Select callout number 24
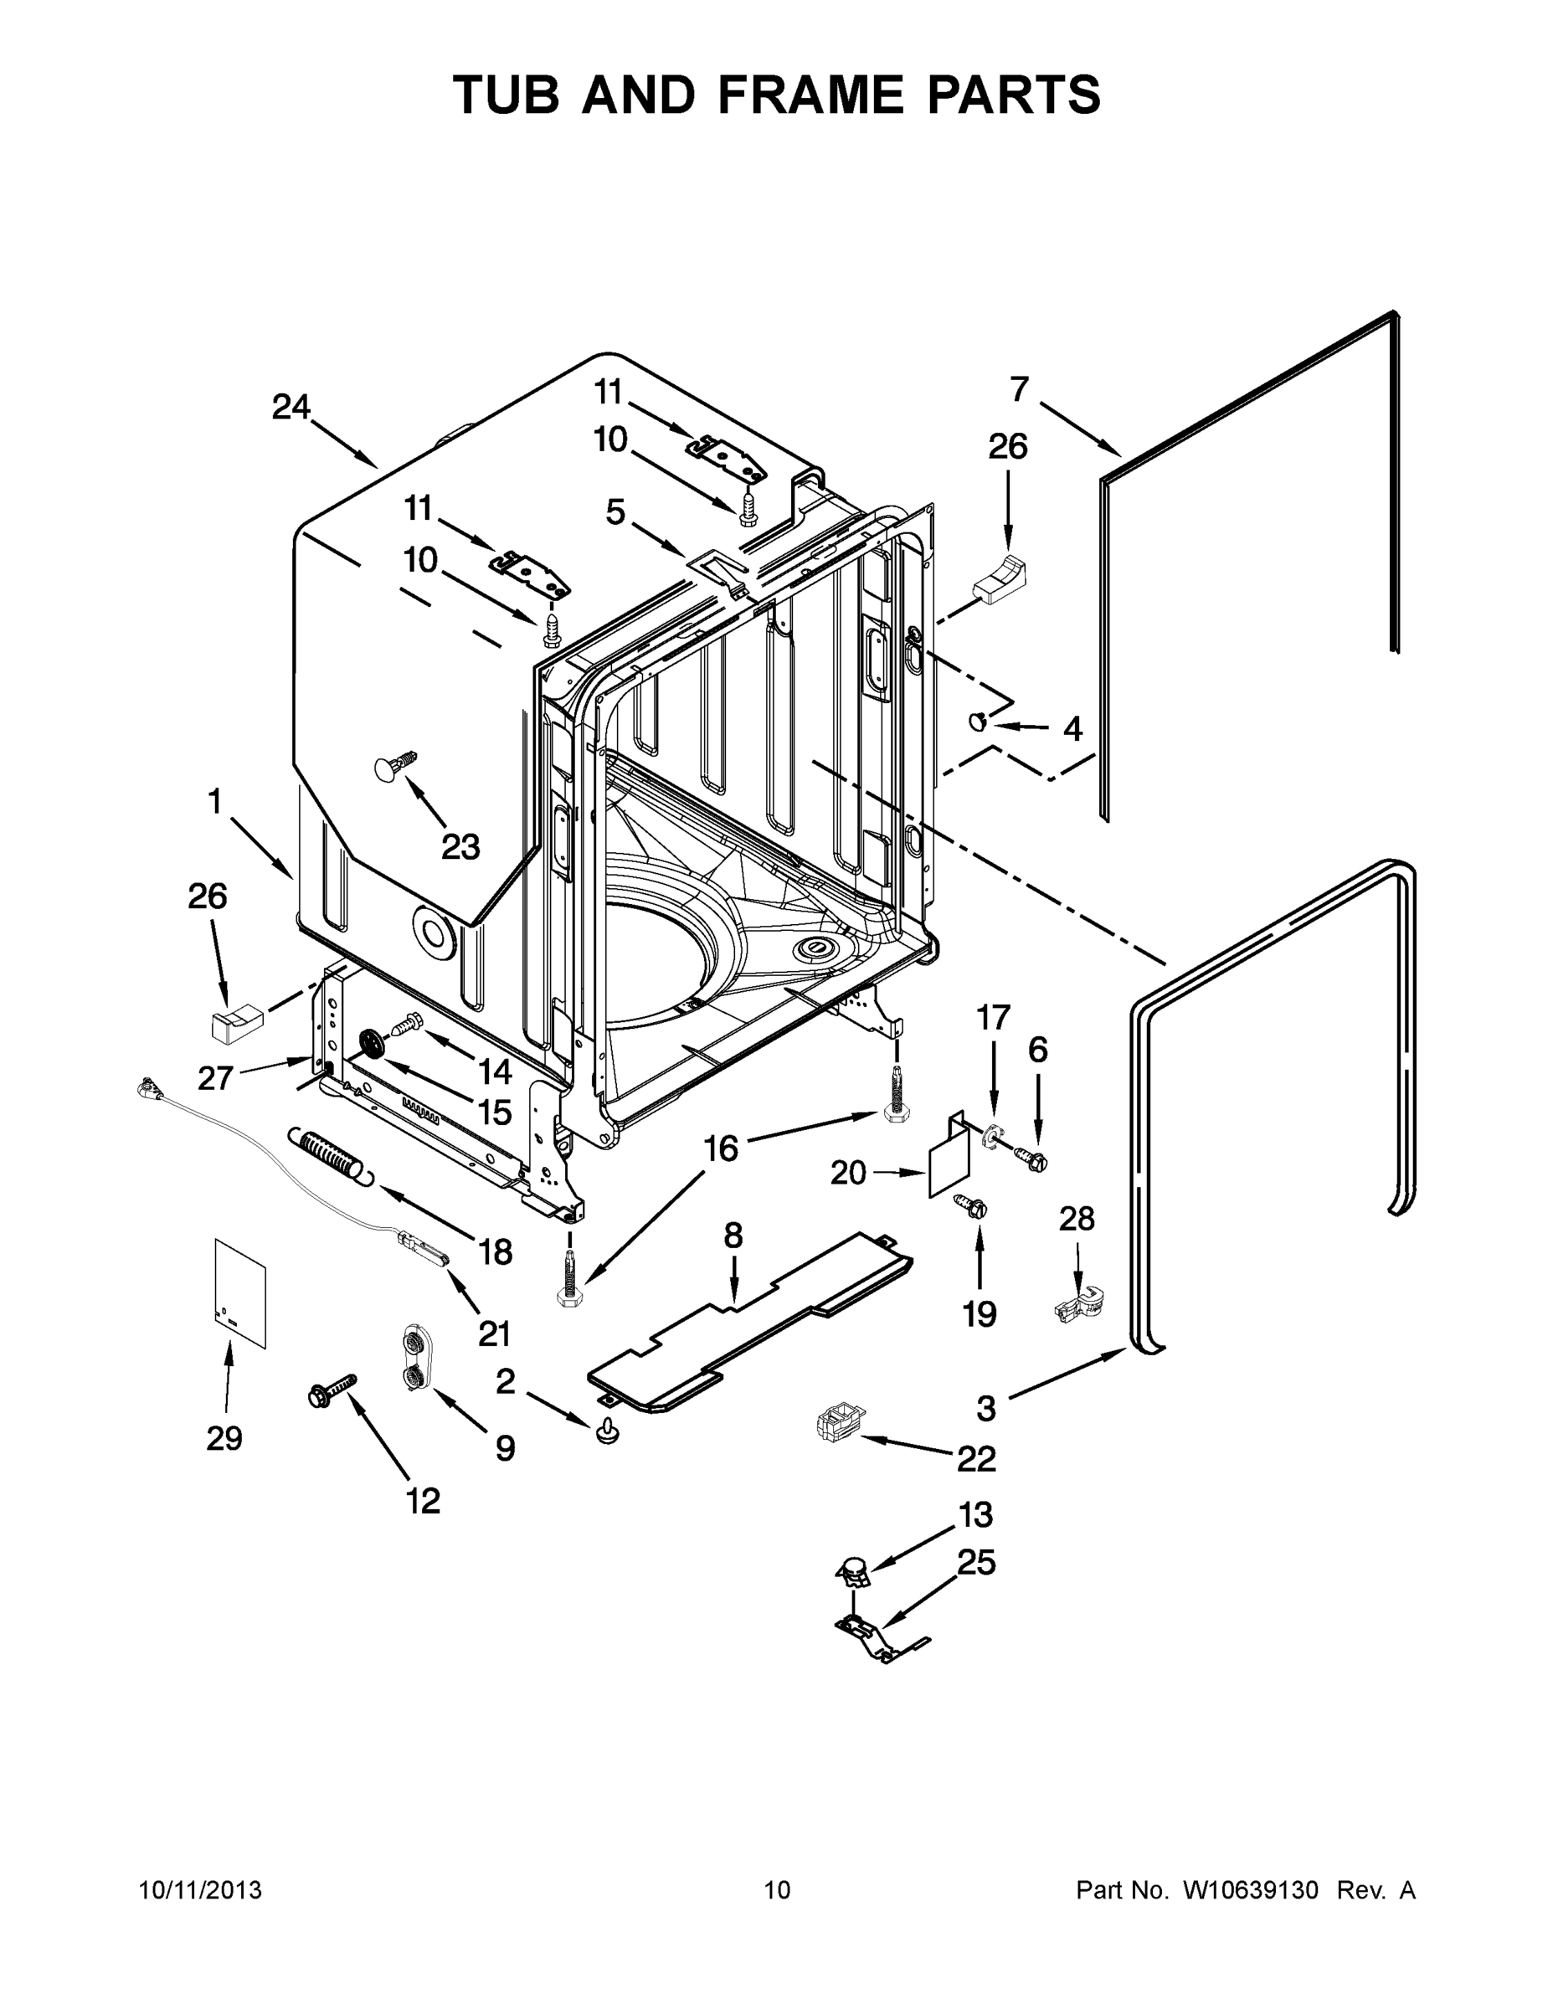[291, 407]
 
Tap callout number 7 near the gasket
[1019, 390]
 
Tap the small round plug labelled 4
[977, 722]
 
